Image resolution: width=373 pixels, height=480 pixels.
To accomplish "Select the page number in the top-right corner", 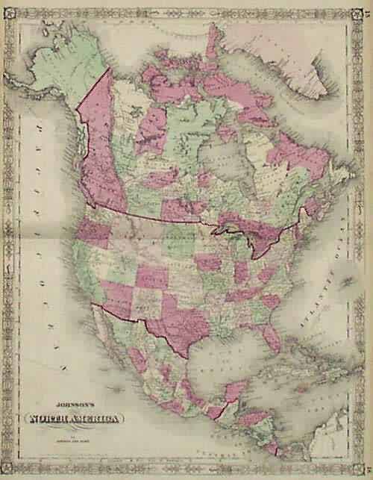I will (x=365, y=9).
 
